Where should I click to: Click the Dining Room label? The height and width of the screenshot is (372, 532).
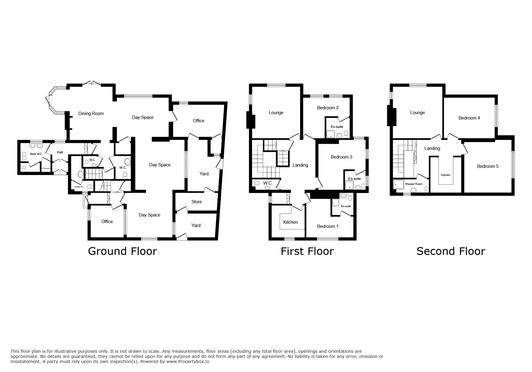coord(91,113)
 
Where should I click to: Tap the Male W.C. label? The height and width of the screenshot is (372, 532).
coord(36,154)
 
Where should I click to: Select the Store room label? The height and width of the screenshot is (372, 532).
coord(197,202)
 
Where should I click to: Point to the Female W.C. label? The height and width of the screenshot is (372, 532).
coord(80,187)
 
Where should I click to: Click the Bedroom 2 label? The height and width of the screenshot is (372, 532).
coord(328,108)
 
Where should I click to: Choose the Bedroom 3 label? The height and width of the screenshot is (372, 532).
coord(342,157)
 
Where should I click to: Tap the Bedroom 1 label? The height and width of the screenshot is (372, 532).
coord(328,226)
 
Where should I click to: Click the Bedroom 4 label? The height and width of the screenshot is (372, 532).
coord(469,118)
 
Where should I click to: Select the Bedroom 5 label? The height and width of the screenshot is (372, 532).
coord(488,166)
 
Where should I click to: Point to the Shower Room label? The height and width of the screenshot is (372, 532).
coord(414,184)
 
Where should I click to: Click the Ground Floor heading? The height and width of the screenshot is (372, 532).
coord(123,251)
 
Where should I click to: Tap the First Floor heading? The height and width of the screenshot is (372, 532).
coord(307,251)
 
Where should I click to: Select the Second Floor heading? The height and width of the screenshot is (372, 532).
coord(451,251)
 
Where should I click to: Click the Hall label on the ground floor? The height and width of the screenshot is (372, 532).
coord(60,153)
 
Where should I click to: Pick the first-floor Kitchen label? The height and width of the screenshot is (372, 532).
coord(290,222)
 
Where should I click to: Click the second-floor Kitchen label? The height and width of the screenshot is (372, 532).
coord(446,175)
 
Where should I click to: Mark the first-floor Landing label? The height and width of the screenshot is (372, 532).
coord(300,165)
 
